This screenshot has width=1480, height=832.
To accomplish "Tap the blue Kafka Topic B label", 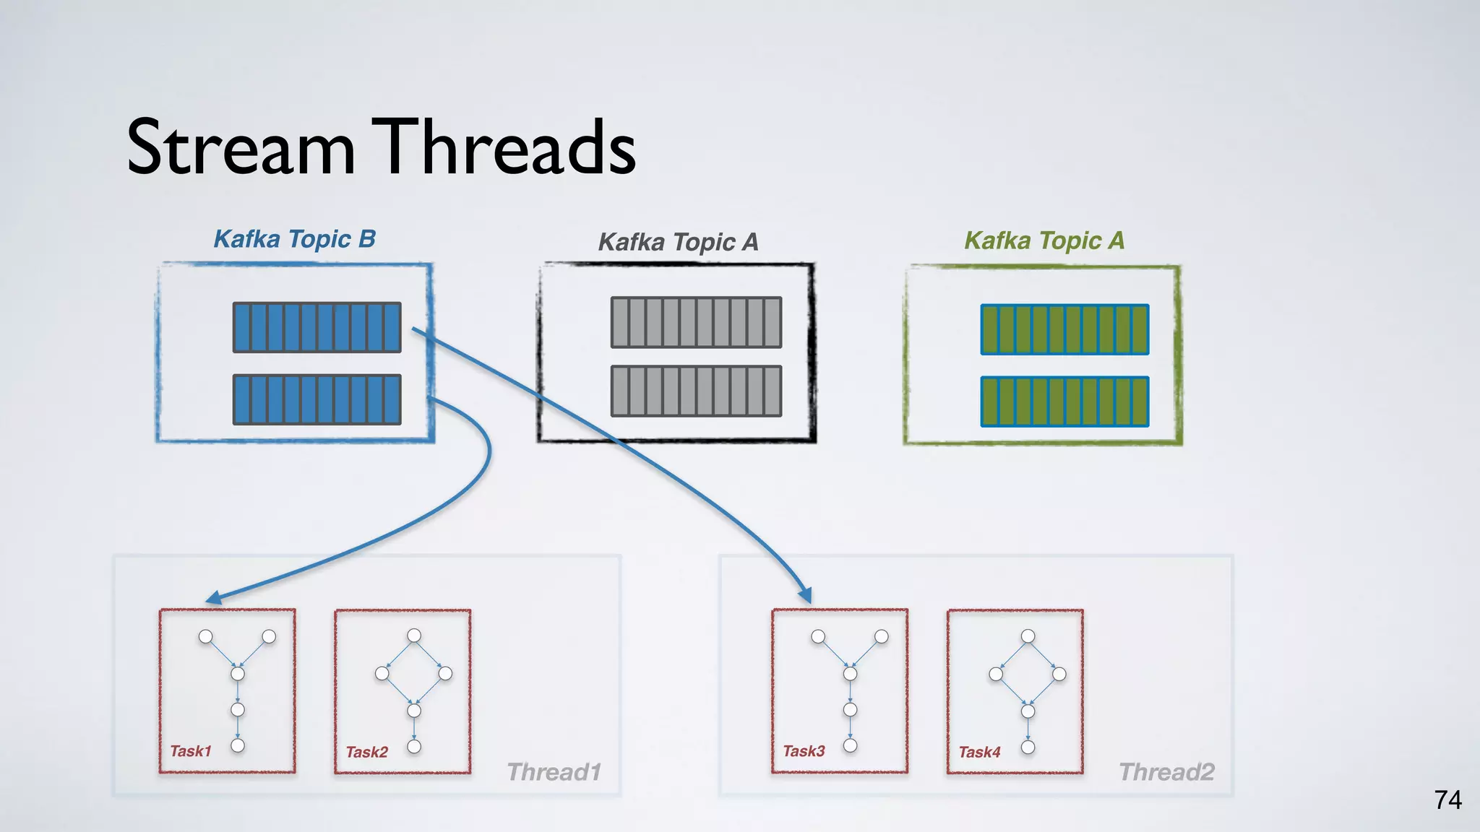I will pos(295,239).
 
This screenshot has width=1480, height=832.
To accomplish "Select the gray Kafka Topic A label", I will pos(678,242).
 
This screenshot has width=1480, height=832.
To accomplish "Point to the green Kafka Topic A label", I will pos(1044,240).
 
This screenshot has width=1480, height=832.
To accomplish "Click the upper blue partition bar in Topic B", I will pos(317,327).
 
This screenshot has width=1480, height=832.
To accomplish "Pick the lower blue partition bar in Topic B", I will pos(317,399).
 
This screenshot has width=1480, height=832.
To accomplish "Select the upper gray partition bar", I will pos(696,322).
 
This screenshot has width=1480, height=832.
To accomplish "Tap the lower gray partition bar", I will pos(696,391).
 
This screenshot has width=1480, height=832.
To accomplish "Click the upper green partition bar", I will pos(1064,329).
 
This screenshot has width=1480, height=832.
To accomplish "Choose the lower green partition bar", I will pos(1064,402).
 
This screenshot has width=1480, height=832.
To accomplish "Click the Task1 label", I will pos(190,751).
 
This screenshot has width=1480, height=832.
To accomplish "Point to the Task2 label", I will pos(366,753).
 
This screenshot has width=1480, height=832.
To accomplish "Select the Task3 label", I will pos(804,751).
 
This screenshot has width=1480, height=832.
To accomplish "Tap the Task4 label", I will pos(979,753).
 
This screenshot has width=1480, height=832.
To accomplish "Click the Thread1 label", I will pos(554,772).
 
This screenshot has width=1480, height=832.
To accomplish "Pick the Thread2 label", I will pos(1166,772).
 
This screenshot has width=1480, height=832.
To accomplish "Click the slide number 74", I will pos(1447,800).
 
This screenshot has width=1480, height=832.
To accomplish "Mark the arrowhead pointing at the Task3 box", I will pos(805,596).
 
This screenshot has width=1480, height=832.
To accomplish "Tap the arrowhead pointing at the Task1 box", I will pos(214,598).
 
